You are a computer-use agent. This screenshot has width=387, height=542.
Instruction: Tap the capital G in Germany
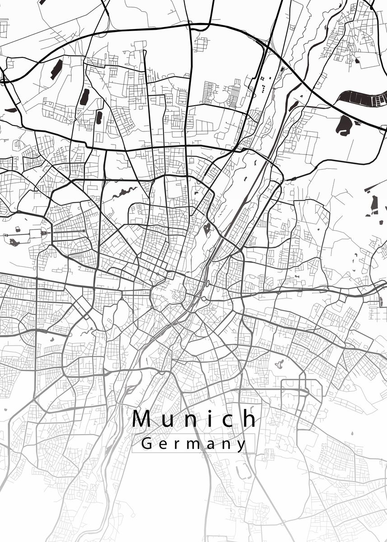pyautogui.click(x=147, y=444)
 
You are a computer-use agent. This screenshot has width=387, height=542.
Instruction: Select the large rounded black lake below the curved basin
pyautogui.click(x=344, y=125)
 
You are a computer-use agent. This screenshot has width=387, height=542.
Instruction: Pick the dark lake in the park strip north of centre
pyautogui.click(x=207, y=229)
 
